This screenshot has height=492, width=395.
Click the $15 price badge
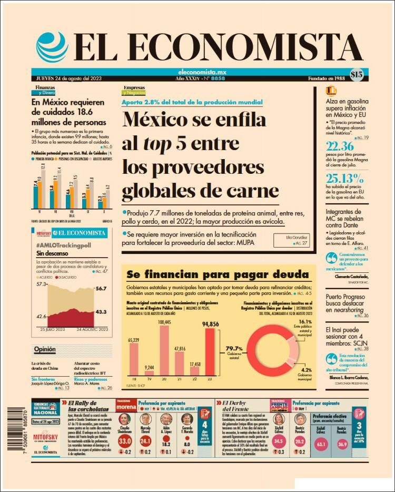[x=357, y=75]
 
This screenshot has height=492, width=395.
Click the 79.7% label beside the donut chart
[x=234, y=348]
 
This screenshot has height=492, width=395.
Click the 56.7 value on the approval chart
[x=102, y=288]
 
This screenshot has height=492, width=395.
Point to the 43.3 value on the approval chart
[x=102, y=312]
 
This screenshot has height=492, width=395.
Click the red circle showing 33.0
[x=125, y=441]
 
